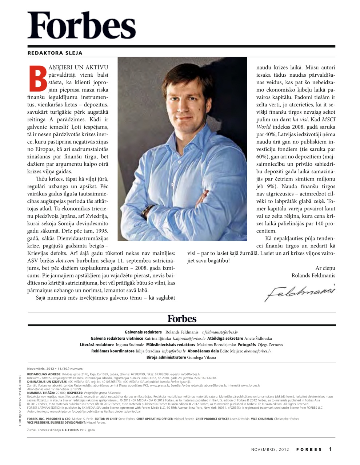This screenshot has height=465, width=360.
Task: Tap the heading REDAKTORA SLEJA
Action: (x=55, y=53)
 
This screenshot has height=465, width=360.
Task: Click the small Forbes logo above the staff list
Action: (x=181, y=319)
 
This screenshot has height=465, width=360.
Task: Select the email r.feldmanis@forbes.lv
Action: (x=220, y=332)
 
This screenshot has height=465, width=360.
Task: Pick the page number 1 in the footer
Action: (x=330, y=449)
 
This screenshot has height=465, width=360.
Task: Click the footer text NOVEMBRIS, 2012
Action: (x=270, y=449)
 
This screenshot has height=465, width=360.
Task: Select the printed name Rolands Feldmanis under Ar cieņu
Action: (x=313, y=275)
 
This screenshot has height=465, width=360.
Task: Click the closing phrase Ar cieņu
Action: (x=325, y=268)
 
